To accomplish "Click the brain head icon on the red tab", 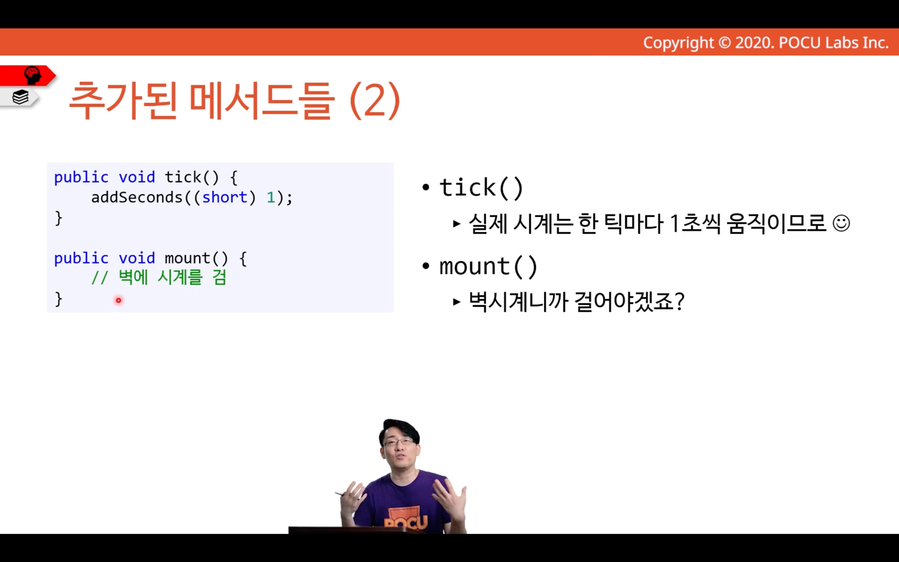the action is point(33,75).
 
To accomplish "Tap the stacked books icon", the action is point(20,97).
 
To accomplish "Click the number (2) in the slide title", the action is point(375,101).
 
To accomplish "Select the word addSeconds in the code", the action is point(137,197).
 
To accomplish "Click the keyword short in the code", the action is point(225,197).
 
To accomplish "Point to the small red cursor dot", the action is point(118,300).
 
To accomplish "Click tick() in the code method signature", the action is point(192,177).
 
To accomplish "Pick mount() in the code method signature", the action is point(196,258).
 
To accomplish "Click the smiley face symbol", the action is point(841,223).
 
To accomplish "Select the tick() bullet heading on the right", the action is point(481,187).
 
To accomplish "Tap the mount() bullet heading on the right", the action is point(488,266).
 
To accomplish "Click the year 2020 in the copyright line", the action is point(754,43).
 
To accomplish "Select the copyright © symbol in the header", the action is point(724,43).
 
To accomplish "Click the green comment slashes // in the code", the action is point(99,278).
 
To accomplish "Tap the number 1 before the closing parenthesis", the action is point(271,197).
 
